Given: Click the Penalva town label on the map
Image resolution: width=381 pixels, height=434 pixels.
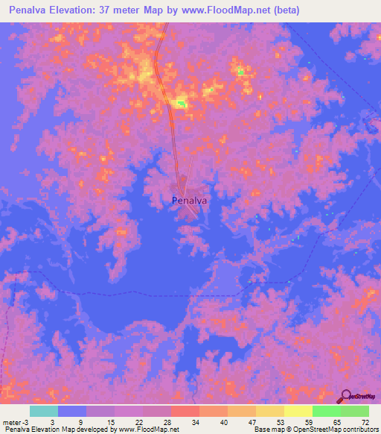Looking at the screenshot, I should pyautogui.click(x=189, y=200).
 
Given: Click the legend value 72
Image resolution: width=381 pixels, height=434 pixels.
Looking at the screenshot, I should pyautogui.click(x=365, y=421).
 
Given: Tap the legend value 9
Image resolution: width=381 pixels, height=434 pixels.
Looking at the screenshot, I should pyautogui.click(x=78, y=421).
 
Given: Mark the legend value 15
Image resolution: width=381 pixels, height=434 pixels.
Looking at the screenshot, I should pyautogui.click(x=111, y=421).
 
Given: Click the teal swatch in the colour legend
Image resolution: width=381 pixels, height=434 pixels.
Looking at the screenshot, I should pyautogui.click(x=44, y=411).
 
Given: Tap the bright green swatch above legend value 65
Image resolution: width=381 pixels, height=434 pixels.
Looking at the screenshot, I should pyautogui.click(x=326, y=411).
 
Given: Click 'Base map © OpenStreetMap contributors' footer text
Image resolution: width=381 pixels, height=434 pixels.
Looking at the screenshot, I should pyautogui.click(x=316, y=430).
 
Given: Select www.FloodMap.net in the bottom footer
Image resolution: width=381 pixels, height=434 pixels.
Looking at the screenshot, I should pyautogui.click(x=149, y=430).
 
